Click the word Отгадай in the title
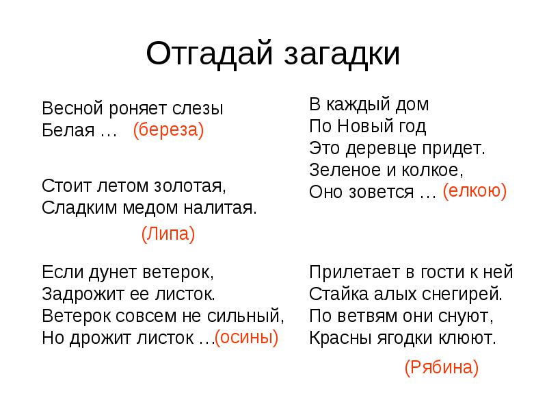click(209, 54)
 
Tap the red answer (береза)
click(168, 130)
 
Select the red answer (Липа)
click(168, 234)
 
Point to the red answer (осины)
click(246, 338)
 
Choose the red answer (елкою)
click(475, 191)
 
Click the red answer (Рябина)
click(441, 367)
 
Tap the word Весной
click(72, 108)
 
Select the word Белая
click(68, 130)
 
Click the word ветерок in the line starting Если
click(178, 273)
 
